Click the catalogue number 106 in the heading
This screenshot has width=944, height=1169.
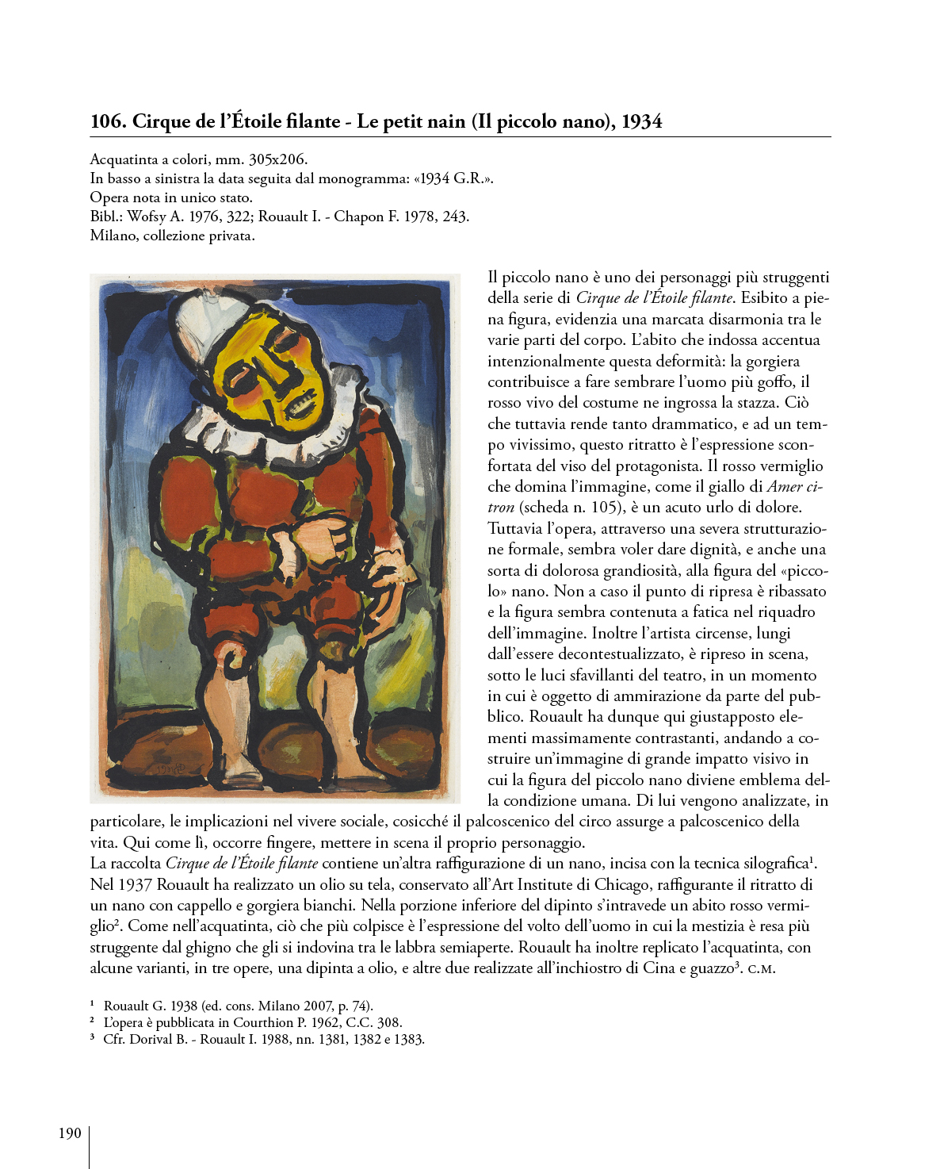click(x=107, y=121)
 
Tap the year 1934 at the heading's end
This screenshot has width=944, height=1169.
click(x=641, y=121)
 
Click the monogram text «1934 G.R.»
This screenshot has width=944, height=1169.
click(x=453, y=178)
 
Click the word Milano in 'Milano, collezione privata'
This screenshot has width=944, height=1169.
click(x=113, y=236)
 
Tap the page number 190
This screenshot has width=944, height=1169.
click(x=70, y=1133)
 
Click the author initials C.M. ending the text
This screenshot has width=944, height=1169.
click(x=761, y=968)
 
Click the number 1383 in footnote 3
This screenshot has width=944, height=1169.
click(x=408, y=1039)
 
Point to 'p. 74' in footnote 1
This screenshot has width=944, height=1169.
click(x=354, y=1006)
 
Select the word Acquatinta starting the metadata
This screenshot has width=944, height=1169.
click(x=124, y=159)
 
